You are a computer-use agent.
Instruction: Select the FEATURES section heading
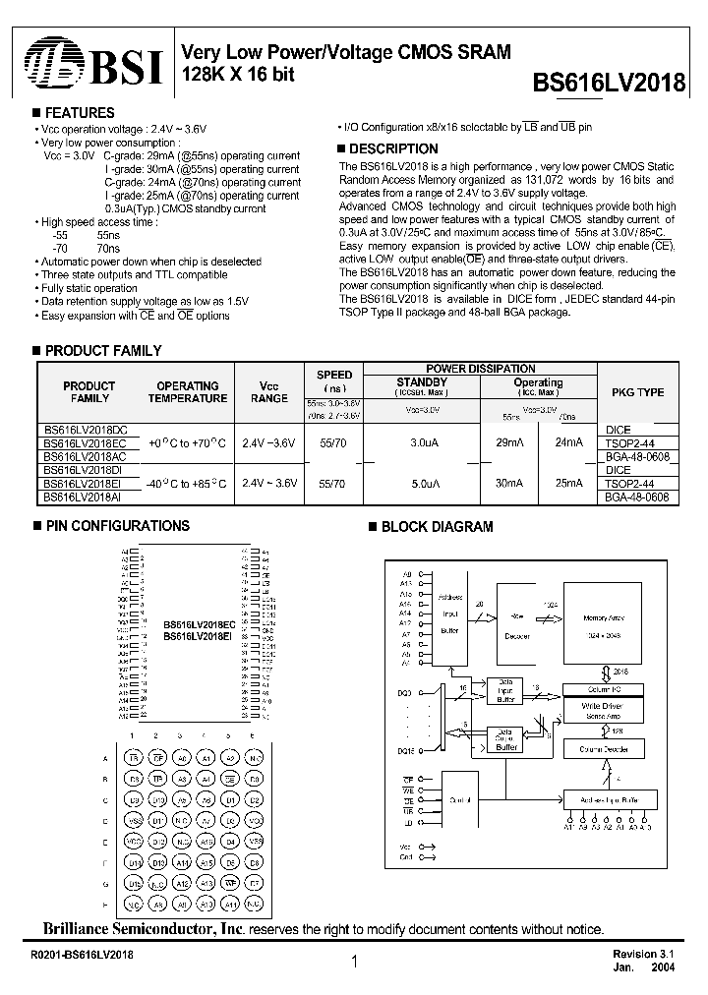(x=80, y=113)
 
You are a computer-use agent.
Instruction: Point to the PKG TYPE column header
(x=637, y=392)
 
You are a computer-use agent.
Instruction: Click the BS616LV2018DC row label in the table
(x=85, y=430)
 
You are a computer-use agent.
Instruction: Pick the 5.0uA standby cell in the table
(x=423, y=484)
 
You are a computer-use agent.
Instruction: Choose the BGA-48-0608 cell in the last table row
(x=637, y=497)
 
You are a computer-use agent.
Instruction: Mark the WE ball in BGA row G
(x=230, y=883)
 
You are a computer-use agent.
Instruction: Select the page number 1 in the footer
(x=353, y=964)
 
